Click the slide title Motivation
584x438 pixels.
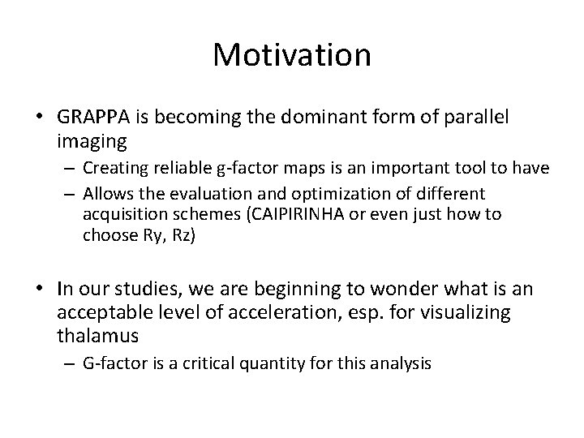click(x=292, y=55)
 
